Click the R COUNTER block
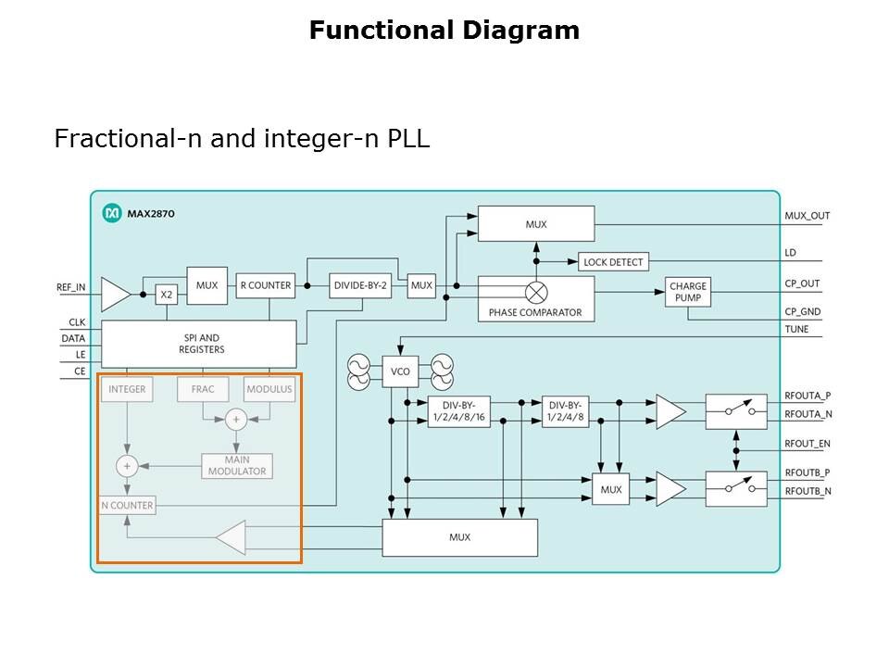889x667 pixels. pyautogui.click(x=265, y=285)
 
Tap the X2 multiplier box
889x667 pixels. pyautogui.click(x=167, y=295)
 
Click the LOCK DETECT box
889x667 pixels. pyautogui.click(x=613, y=262)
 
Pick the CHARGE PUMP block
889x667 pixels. pyautogui.click(x=688, y=292)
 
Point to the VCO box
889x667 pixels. pyautogui.click(x=400, y=371)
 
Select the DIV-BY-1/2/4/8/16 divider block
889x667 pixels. pyautogui.click(x=458, y=411)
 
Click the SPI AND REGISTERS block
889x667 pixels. pyautogui.click(x=199, y=344)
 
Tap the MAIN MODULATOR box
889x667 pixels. pyautogui.click(x=237, y=465)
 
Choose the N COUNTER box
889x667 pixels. pyautogui.click(x=127, y=506)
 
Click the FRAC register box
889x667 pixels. pyautogui.click(x=203, y=389)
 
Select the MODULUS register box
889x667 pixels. pyautogui.click(x=269, y=389)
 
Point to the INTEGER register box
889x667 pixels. pyautogui.click(x=127, y=389)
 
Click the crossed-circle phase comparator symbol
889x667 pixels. pyautogui.click(x=536, y=292)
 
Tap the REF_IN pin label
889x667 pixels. pyautogui.click(x=71, y=287)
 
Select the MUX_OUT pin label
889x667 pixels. pyautogui.click(x=808, y=216)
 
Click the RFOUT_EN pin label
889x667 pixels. pyautogui.click(x=808, y=444)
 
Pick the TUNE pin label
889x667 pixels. pyautogui.click(x=796, y=329)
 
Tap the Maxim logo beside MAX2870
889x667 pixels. pyautogui.click(x=112, y=214)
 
